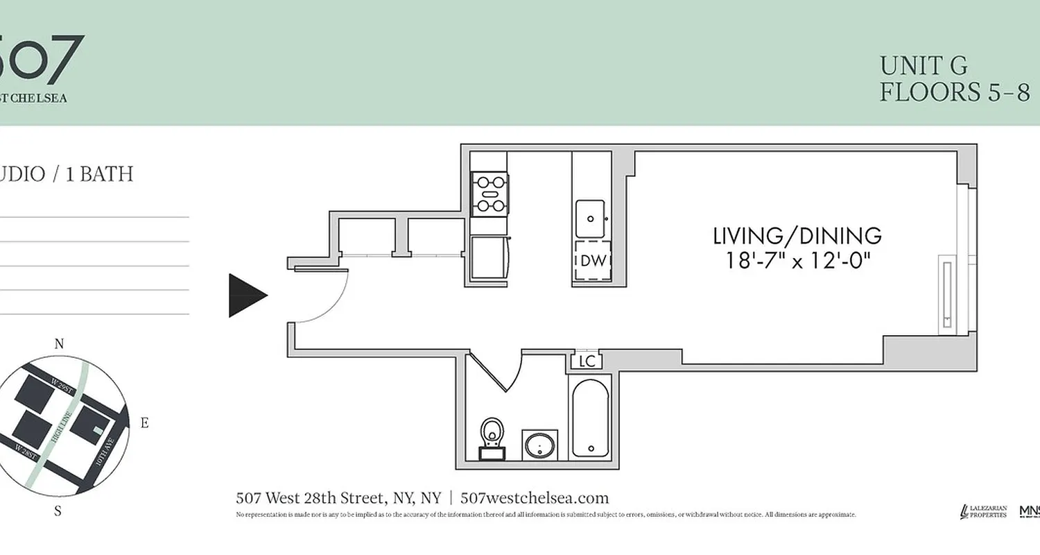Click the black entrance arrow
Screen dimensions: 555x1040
coord(246,296)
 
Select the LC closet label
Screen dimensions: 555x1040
coord(587,361)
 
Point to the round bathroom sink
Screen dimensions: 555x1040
coord(540,445)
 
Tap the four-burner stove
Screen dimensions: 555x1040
coord(489,193)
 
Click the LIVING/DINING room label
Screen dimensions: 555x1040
coord(797,236)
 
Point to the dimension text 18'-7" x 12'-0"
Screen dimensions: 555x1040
coord(797,262)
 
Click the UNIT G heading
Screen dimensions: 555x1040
coord(924,66)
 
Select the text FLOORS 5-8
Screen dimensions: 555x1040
coord(955,92)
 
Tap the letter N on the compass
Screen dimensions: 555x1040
coord(59,344)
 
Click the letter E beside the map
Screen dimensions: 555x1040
coord(144,422)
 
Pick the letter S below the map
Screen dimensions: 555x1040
coord(58,511)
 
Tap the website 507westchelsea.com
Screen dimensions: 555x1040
coord(535,497)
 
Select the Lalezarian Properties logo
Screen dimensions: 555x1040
coord(982,511)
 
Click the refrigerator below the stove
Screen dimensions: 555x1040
coord(489,257)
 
